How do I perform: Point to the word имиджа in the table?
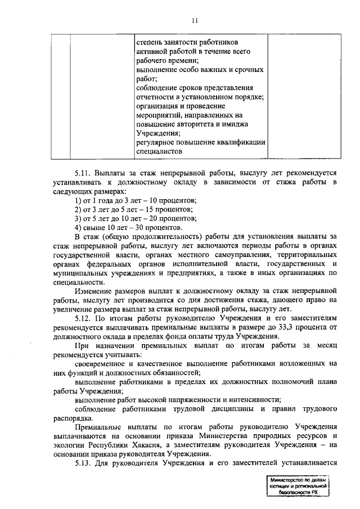236,124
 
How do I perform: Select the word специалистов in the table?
160,151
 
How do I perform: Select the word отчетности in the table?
155,97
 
